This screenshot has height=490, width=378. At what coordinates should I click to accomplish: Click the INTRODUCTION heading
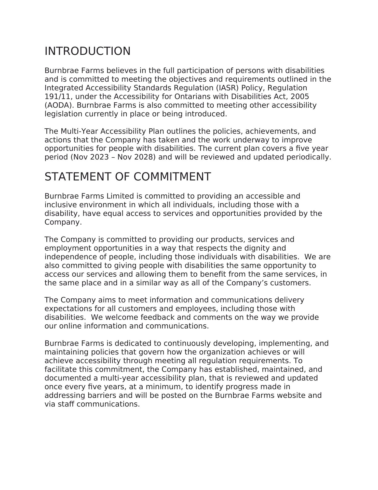[87, 51]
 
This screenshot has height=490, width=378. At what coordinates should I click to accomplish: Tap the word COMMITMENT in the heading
[172, 177]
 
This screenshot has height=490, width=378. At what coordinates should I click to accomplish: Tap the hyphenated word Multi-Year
[79, 131]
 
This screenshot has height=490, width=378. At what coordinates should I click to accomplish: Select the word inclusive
[61, 205]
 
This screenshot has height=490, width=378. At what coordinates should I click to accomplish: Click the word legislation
[64, 114]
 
